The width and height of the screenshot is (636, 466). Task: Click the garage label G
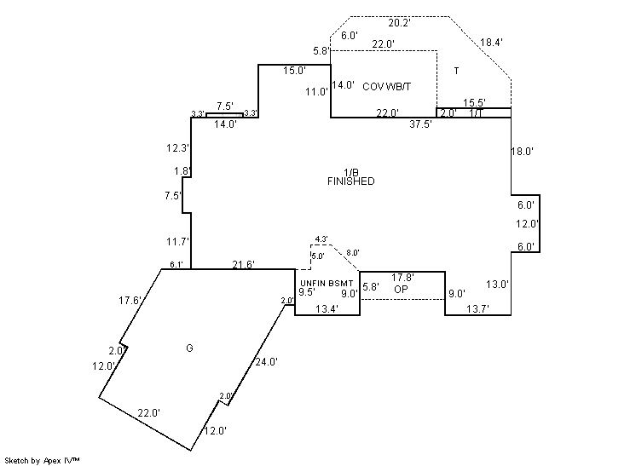point(188,348)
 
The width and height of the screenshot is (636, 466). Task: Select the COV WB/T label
point(387,86)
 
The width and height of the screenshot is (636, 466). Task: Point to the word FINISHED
point(350,181)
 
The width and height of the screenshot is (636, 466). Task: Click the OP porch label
point(401,289)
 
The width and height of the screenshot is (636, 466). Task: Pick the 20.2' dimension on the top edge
point(399,23)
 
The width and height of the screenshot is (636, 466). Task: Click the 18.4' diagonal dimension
point(492,42)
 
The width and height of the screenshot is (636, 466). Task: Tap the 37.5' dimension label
point(420,124)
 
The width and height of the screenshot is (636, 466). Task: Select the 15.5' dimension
point(475,103)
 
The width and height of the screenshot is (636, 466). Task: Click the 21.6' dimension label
point(244,265)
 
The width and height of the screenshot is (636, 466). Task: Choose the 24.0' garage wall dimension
point(267,361)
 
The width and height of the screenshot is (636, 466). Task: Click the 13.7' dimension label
point(477,308)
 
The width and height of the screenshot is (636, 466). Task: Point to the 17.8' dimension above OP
point(402,278)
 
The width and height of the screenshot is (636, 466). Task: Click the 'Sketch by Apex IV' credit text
point(42,460)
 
